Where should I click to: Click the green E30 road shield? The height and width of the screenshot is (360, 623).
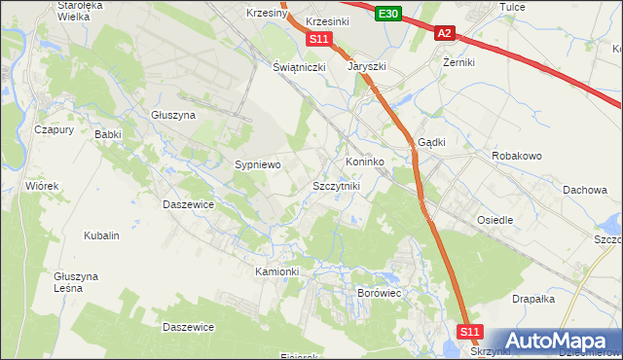(388, 13)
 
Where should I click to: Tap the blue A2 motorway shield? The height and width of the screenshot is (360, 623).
(444, 33)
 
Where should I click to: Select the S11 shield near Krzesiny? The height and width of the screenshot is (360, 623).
(319, 39)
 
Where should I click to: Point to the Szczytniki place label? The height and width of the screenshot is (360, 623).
(336, 185)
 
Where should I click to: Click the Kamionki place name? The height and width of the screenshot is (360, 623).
(277, 271)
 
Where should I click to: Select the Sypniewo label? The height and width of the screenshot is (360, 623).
(258, 165)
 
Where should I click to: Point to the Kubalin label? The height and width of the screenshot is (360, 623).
(101, 235)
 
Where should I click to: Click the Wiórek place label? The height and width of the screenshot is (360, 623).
(43, 185)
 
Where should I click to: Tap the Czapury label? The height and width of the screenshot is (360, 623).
(55, 129)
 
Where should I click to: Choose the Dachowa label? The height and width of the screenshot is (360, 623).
(585, 191)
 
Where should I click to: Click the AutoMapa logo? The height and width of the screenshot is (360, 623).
(559, 341)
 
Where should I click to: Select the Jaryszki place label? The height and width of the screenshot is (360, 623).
(368, 67)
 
